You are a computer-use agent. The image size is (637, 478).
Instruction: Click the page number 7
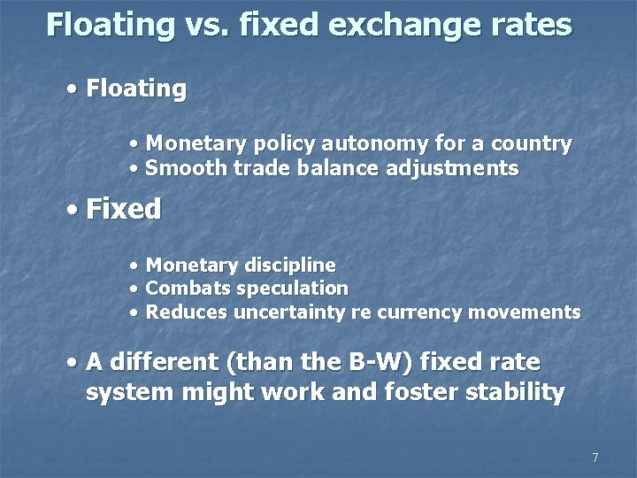tap(595, 458)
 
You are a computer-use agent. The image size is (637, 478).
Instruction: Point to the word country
tap(533, 143)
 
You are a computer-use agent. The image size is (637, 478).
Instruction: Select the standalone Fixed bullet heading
tap(124, 210)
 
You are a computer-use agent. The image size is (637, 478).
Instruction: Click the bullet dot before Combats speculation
tap(133, 289)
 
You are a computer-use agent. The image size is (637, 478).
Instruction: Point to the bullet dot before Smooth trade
tap(133, 168)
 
